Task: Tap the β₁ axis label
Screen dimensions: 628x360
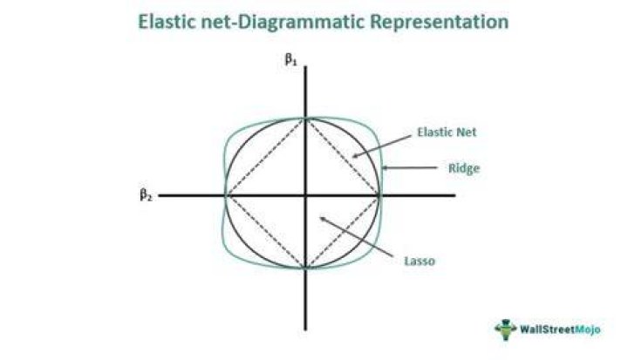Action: pyautogui.click(x=290, y=59)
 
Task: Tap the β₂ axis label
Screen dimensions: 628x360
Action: pyautogui.click(x=146, y=195)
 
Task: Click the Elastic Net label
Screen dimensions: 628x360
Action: pyautogui.click(x=447, y=132)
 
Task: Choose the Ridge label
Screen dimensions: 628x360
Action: pyautogui.click(x=464, y=168)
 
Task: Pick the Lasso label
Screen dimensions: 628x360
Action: pyautogui.click(x=420, y=262)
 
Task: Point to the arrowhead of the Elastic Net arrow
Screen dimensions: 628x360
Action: pyautogui.click(x=353, y=157)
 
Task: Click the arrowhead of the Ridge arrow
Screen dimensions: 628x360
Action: pyautogui.click(x=383, y=167)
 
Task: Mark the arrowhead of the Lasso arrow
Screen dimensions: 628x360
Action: pyautogui.click(x=320, y=217)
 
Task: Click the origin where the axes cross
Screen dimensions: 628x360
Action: pyautogui.click(x=305, y=195)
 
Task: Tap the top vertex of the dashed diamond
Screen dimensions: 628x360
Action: pyautogui.click(x=305, y=119)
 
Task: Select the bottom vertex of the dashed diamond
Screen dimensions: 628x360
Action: pyautogui.click(x=305, y=268)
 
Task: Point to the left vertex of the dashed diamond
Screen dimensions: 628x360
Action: pyautogui.click(x=226, y=195)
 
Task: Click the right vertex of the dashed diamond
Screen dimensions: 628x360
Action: pyautogui.click(x=379, y=195)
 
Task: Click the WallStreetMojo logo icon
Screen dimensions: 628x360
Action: pyautogui.click(x=505, y=329)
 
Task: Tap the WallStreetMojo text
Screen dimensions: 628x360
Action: pyautogui.click(x=560, y=329)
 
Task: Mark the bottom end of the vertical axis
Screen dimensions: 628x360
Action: pyautogui.click(x=305, y=330)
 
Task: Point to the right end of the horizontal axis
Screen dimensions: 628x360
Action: pyautogui.click(x=455, y=195)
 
